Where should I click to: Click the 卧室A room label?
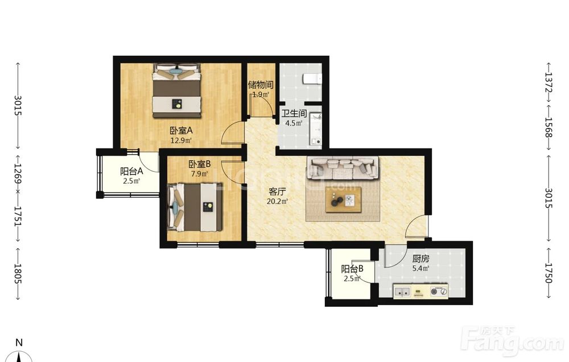point(181,131)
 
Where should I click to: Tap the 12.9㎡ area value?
point(181,140)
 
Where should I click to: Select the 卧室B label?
point(200,164)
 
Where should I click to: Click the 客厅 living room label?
point(277,192)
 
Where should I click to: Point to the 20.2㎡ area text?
point(277,202)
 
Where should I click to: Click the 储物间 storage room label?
point(261,85)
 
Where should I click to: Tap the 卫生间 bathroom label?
point(294,114)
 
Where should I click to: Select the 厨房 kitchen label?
point(420,259)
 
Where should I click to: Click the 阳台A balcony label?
point(131,171)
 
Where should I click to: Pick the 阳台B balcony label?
point(352,269)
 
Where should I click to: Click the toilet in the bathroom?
point(312,78)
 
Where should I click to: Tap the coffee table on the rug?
point(343,199)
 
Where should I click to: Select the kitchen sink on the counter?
point(402,291)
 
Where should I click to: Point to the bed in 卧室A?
point(177,90)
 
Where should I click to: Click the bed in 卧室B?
point(195,207)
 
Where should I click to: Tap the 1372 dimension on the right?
point(549,84)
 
